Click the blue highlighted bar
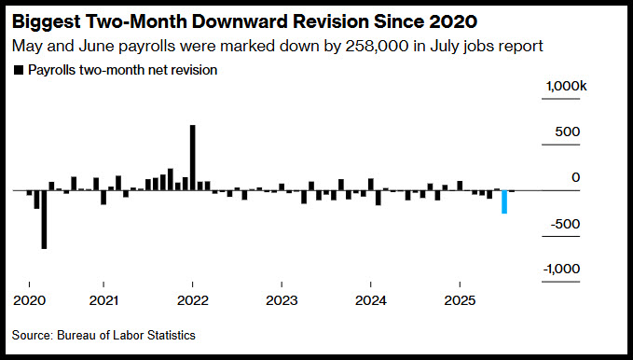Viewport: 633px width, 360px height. (x=504, y=201)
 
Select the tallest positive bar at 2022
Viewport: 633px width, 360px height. (x=193, y=158)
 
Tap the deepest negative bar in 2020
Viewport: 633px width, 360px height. (x=44, y=219)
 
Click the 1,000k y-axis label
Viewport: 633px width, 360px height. (x=567, y=86)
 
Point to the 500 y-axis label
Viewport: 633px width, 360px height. (x=567, y=132)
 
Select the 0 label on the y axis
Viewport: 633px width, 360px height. (x=575, y=177)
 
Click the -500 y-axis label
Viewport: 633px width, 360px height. (x=565, y=224)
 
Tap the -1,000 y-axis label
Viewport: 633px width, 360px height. (x=561, y=269)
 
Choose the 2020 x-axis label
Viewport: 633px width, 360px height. (x=30, y=300)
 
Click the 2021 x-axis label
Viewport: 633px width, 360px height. (x=103, y=300)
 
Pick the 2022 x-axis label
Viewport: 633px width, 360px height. (x=193, y=300)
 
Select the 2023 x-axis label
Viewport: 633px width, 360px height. (x=282, y=300)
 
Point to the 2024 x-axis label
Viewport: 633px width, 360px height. (x=371, y=300)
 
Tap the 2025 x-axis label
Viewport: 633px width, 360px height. (x=460, y=300)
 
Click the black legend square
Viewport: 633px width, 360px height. (x=19, y=70)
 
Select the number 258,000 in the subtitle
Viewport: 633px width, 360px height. (x=377, y=46)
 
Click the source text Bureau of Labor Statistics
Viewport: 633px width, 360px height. (x=126, y=335)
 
